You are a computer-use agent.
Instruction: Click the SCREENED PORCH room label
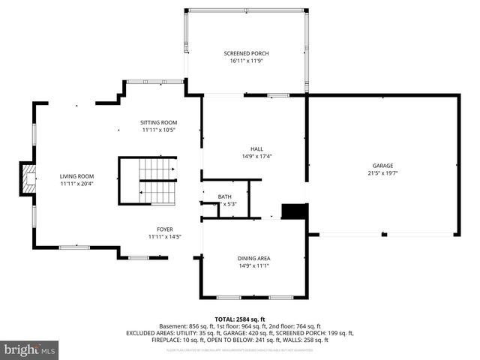246,53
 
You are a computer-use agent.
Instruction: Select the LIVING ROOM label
76,176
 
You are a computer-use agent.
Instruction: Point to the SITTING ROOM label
158,122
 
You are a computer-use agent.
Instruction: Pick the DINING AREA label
254,258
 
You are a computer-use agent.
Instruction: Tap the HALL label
256,148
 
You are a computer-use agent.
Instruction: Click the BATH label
225,196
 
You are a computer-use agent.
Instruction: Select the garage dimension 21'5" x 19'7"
382,173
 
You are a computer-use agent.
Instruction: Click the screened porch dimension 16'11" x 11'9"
246,61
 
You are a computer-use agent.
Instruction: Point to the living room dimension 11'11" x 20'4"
76,184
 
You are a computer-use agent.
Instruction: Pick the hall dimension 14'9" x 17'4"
256,156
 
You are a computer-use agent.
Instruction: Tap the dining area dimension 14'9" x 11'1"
254,265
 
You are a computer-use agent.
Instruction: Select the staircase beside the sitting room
148,180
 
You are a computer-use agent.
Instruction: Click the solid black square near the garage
294,211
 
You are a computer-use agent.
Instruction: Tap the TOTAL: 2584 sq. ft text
240,319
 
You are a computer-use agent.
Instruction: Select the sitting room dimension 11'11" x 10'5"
158,130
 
